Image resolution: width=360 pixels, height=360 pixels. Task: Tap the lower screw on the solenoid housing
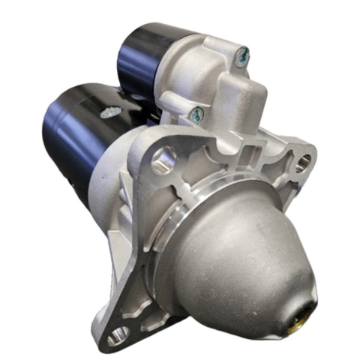point(197,113)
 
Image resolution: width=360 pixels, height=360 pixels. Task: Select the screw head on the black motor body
point(110,111)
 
